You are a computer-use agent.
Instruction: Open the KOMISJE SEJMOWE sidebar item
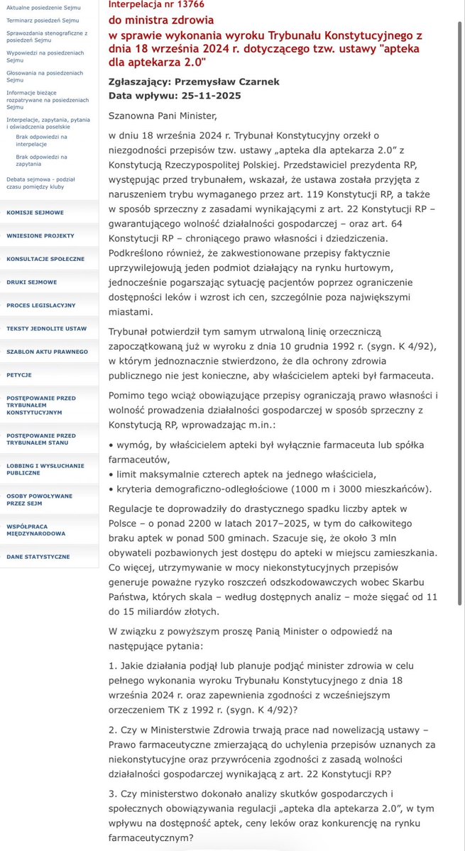pos(35,212)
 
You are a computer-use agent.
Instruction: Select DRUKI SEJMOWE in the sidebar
pos(32,282)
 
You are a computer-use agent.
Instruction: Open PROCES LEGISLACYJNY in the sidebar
pos(40,305)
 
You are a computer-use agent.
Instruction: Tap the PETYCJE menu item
pos(19,374)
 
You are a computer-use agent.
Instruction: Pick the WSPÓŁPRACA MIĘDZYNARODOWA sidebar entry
pos(35,529)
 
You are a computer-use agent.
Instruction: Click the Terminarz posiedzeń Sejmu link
pos(43,21)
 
